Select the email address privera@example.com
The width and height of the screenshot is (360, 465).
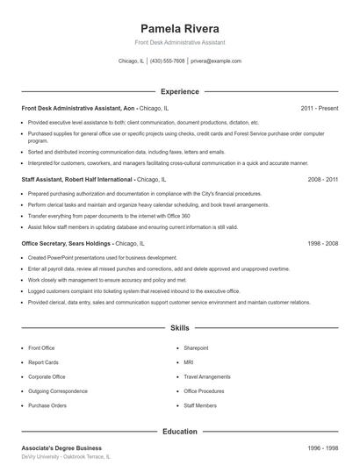pyautogui.click(x=215, y=61)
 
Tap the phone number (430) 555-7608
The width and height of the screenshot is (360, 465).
pyautogui.click(x=167, y=61)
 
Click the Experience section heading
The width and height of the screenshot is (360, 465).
pyautogui.click(x=180, y=91)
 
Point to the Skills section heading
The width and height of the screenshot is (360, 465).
pyautogui.click(x=180, y=327)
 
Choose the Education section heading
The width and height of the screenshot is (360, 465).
pyautogui.click(x=180, y=431)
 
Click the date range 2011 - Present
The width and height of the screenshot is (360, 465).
pyautogui.click(x=319, y=108)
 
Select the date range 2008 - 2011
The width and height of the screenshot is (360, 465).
pyautogui.click(x=322, y=179)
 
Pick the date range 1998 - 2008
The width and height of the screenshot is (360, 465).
pyautogui.click(x=322, y=243)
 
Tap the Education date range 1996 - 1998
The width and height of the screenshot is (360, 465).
pyautogui.click(x=322, y=447)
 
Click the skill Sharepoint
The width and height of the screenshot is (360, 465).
pyautogui.click(x=196, y=348)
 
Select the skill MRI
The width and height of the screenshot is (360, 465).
pyautogui.click(x=188, y=362)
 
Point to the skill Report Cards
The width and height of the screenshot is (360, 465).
pyautogui.click(x=43, y=362)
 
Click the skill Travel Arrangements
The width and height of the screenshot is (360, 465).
pyautogui.click(x=206, y=377)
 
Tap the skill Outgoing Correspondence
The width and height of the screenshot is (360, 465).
pyautogui.click(x=57, y=391)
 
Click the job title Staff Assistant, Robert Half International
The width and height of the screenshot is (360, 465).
pyautogui.click(x=77, y=179)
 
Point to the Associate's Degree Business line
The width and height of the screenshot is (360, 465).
pyautogui.click(x=61, y=447)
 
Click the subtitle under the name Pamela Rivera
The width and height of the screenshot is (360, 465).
pyautogui.click(x=180, y=42)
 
